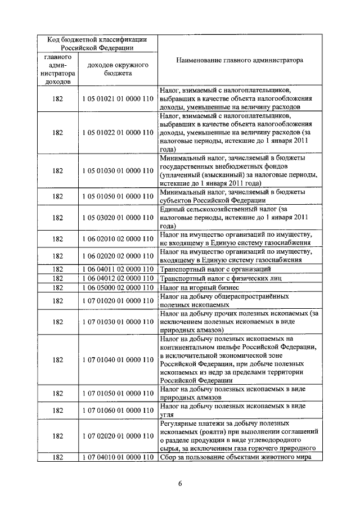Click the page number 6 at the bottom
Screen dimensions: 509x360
coord(181,483)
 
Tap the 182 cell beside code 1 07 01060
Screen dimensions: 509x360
coord(57,410)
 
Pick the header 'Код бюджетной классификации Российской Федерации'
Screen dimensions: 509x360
coord(97,43)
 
